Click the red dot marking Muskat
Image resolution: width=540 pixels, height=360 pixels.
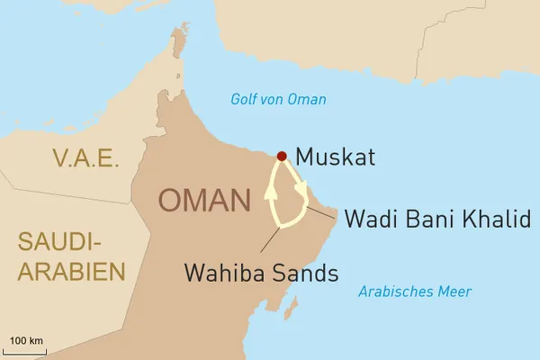tap(282, 156)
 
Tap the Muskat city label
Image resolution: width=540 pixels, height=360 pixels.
tap(336, 157)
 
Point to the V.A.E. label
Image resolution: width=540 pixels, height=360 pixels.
tap(85, 158)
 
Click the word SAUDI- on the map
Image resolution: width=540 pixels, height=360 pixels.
tap(57, 241)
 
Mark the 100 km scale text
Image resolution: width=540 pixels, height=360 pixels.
tap(26, 340)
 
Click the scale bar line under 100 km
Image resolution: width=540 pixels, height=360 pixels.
tap(26, 350)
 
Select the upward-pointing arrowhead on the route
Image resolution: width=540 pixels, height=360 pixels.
tap(269, 191)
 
